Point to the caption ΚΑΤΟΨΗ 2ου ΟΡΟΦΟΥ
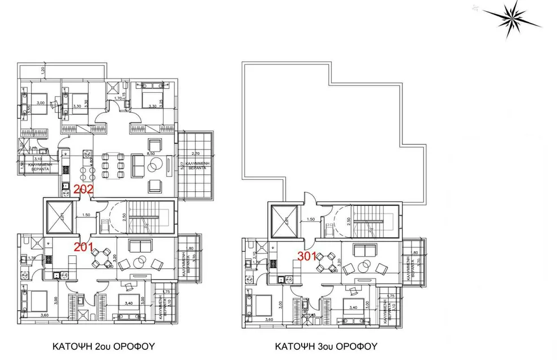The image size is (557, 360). (104, 346)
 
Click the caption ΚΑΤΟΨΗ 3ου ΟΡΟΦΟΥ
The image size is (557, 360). (326, 346)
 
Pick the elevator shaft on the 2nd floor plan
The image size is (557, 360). (59, 217)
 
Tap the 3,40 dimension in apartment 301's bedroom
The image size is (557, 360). (353, 308)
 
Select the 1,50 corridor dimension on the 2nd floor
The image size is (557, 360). (86, 215)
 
